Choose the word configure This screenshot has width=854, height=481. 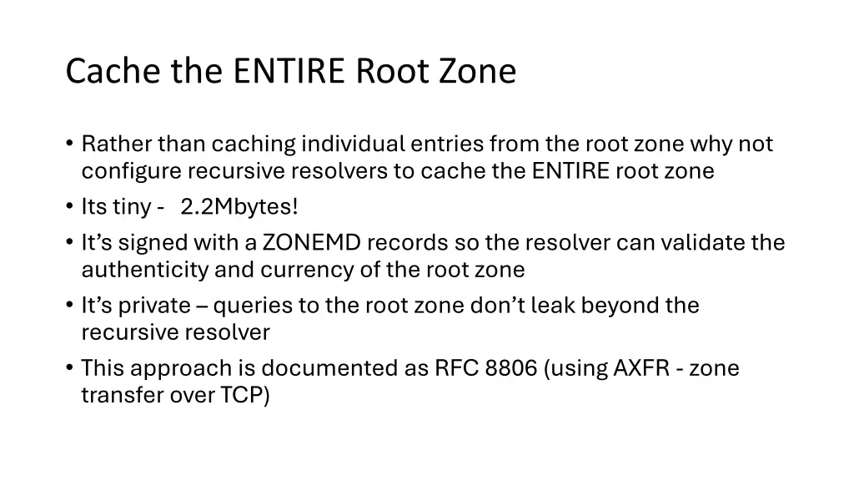pos(131,171)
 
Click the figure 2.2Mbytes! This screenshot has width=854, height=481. pos(239,206)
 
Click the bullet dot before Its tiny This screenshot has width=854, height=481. pos(69,206)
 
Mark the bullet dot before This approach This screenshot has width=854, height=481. pos(69,368)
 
